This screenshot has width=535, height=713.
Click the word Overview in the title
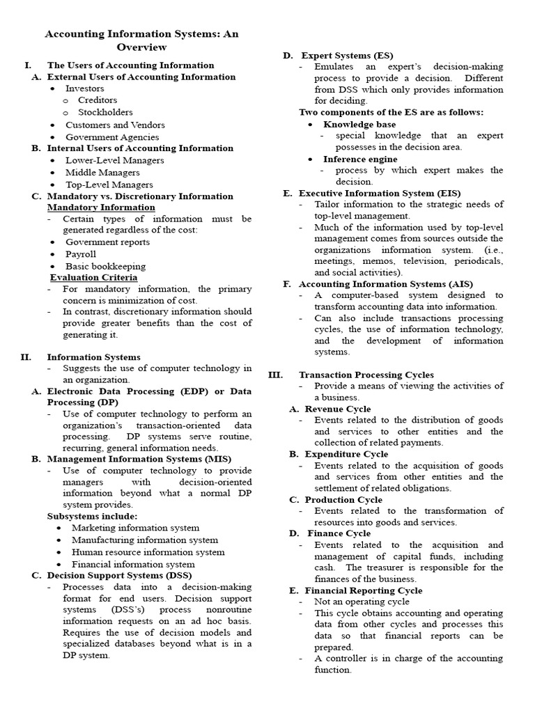pyautogui.click(x=142, y=47)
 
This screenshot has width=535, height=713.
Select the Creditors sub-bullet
pyautogui.click(x=98, y=100)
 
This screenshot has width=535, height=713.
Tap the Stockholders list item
pyautogui.click(x=105, y=112)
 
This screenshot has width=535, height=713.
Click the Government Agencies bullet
pyautogui.click(x=112, y=137)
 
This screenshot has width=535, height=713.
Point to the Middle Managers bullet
pyautogui.click(x=102, y=173)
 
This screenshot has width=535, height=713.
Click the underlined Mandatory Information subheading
pyautogui.click(x=101, y=207)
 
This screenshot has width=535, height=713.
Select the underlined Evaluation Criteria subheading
pyautogui.click(x=93, y=277)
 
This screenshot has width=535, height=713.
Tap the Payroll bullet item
pyautogui.click(x=81, y=254)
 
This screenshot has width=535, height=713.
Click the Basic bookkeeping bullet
pyautogui.click(x=105, y=266)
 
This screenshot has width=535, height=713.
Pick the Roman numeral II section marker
pyautogui.click(x=26, y=357)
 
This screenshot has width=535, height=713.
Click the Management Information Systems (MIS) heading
pyautogui.click(x=134, y=459)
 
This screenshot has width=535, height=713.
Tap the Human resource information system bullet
pyautogui.click(x=148, y=552)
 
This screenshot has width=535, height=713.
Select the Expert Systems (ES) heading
pyautogui.click(x=346, y=55)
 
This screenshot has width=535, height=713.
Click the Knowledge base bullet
pyautogui.click(x=359, y=124)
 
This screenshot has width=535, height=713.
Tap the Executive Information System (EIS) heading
pyautogui.click(x=380, y=193)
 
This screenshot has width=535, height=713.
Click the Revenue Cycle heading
pyautogui.click(x=337, y=409)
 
